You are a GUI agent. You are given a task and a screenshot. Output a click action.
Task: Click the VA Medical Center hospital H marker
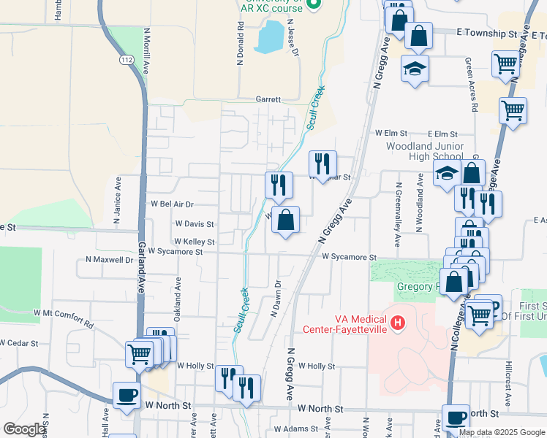point(398,322)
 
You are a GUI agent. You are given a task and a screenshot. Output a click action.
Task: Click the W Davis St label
point(194,224)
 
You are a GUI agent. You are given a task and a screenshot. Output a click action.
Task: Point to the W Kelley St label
point(194,242)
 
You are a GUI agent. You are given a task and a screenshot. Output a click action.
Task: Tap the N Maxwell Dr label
point(109,259)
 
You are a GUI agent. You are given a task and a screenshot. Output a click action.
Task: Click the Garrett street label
point(268,99)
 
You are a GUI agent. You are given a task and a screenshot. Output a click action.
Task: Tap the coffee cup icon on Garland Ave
point(127,395)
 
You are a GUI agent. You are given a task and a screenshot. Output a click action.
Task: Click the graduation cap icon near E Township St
point(415,69)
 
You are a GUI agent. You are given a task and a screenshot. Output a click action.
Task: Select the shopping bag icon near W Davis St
point(285,220)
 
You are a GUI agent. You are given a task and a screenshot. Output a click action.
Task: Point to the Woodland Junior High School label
point(425,151)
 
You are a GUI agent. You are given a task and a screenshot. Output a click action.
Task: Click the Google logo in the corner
point(25,429)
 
